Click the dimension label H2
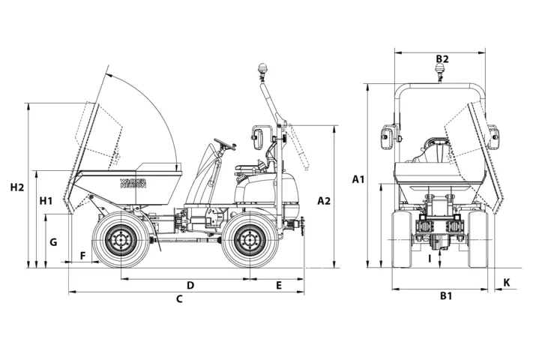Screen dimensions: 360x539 [x=17, y=187]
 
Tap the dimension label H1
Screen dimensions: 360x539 [x=46, y=201]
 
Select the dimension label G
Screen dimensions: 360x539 [x=52, y=243]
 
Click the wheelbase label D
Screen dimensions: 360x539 [x=190, y=286]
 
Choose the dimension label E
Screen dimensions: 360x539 [x=279, y=286]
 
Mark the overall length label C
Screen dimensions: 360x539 [x=179, y=300]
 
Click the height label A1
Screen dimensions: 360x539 [x=358, y=179]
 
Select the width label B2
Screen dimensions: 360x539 [x=442, y=59]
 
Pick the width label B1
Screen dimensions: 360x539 [x=445, y=296]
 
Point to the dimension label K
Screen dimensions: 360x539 [x=507, y=283]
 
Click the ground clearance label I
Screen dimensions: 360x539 [x=429, y=259]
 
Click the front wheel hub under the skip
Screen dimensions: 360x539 [x=118, y=240]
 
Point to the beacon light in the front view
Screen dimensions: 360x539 [x=440, y=71]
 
